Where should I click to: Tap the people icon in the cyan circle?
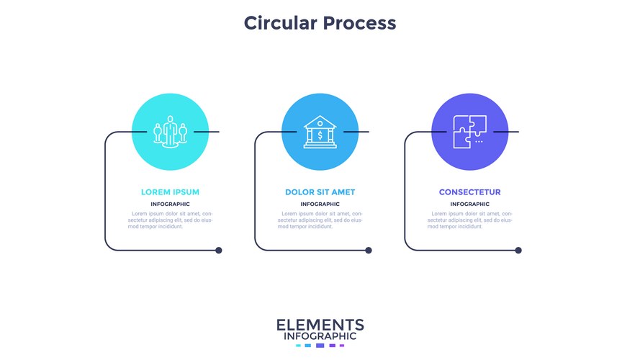tap(170, 132)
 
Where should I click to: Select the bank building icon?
tap(320, 132)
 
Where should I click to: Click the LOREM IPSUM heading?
tap(170, 192)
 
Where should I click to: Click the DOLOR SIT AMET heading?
tap(320, 192)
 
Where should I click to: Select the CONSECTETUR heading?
tap(469, 192)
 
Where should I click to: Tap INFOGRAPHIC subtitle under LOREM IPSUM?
tap(170, 204)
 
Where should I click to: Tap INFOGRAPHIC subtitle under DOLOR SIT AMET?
tap(320, 204)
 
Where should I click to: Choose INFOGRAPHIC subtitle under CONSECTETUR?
tap(469, 204)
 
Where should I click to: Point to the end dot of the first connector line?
tap(219, 251)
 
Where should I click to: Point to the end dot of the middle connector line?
tap(369, 251)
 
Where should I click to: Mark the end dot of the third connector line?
tap(518, 251)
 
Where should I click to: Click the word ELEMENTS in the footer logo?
tap(320, 325)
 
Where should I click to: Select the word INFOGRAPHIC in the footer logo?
tap(320, 336)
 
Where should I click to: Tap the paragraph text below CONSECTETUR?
tap(469, 220)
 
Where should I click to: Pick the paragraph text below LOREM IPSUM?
tap(170, 220)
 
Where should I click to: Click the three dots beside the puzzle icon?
tap(479, 142)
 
